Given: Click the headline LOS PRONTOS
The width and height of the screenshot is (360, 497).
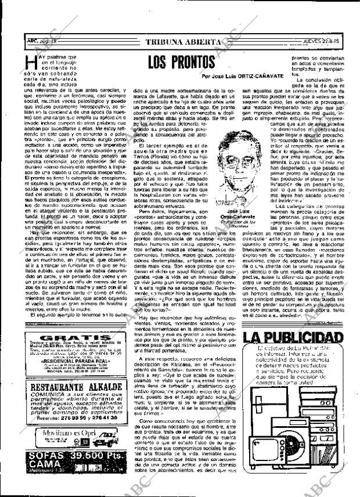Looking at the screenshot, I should pos(181,62).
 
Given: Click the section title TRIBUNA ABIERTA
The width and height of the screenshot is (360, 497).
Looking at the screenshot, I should pos(183,42).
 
